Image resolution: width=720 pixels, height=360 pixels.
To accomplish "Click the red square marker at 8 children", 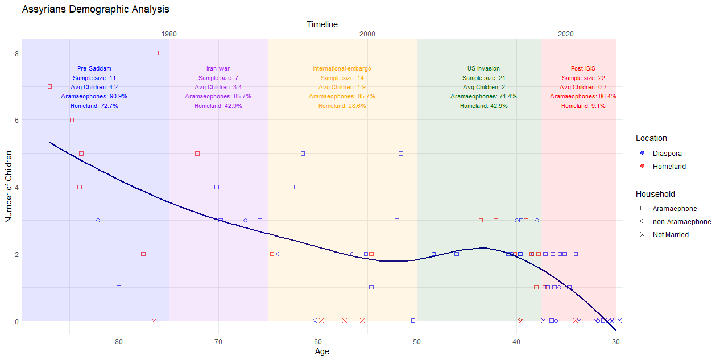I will tap(160, 53).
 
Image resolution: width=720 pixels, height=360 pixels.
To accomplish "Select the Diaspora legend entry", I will tap(667, 153).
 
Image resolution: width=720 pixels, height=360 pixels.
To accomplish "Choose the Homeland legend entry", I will tap(669, 167).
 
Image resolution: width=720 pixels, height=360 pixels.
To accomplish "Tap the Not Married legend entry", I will tap(670, 235).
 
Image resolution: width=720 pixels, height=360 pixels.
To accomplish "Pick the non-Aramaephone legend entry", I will tap(681, 222).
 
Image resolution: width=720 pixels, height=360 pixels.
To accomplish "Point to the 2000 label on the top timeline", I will tap(367, 34).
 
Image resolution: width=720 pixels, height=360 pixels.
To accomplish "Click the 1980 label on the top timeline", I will tap(169, 34).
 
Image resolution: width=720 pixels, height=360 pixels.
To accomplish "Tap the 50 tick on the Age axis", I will tap(417, 341).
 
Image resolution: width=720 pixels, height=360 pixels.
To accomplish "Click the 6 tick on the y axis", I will tap(17, 120).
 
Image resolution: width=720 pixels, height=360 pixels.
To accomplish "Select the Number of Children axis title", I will tap(9, 186).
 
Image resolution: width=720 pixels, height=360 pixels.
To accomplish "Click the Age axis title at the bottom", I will tap(322, 351).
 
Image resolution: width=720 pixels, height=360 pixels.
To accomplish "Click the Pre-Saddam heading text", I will tap(94, 69).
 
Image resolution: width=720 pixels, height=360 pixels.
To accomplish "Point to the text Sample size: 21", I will tap(483, 78).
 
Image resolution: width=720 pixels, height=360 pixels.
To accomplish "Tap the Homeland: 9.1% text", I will tap(583, 106).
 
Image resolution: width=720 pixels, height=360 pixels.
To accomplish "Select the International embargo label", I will tap(342, 69).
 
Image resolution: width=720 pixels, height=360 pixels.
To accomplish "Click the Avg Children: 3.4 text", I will tap(218, 88).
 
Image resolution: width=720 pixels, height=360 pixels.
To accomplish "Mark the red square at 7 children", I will tap(49, 86).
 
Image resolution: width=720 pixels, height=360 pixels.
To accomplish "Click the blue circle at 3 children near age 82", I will tap(98, 220).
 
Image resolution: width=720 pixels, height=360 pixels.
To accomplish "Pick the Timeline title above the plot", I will tap(322, 24).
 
